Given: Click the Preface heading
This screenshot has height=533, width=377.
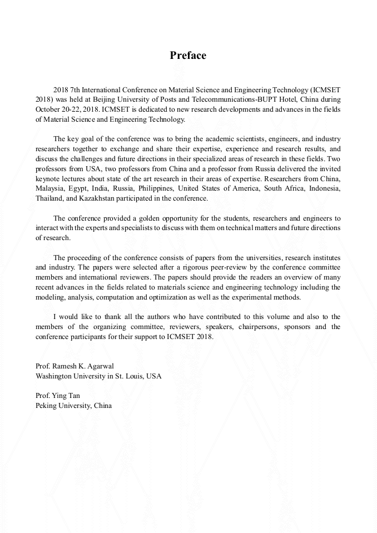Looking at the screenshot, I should coord(188,56).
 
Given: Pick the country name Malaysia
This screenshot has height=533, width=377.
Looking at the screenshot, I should coord(49,189).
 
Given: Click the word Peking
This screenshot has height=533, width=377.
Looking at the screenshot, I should coord(46,405).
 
